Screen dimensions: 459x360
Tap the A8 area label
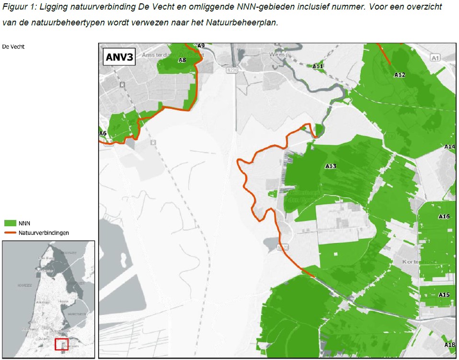182,60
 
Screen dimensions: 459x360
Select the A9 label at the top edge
201,46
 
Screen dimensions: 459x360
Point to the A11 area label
318,66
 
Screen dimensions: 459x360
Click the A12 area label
400,75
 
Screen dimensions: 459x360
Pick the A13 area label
331,166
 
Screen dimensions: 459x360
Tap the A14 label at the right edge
450,147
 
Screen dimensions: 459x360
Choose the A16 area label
444,217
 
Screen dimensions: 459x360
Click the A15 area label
444,294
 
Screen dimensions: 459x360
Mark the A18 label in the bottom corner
450,345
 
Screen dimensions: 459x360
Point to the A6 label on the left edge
103,133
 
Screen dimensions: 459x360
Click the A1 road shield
435,58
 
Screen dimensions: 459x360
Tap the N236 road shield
232,70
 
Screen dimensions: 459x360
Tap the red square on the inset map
62,344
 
